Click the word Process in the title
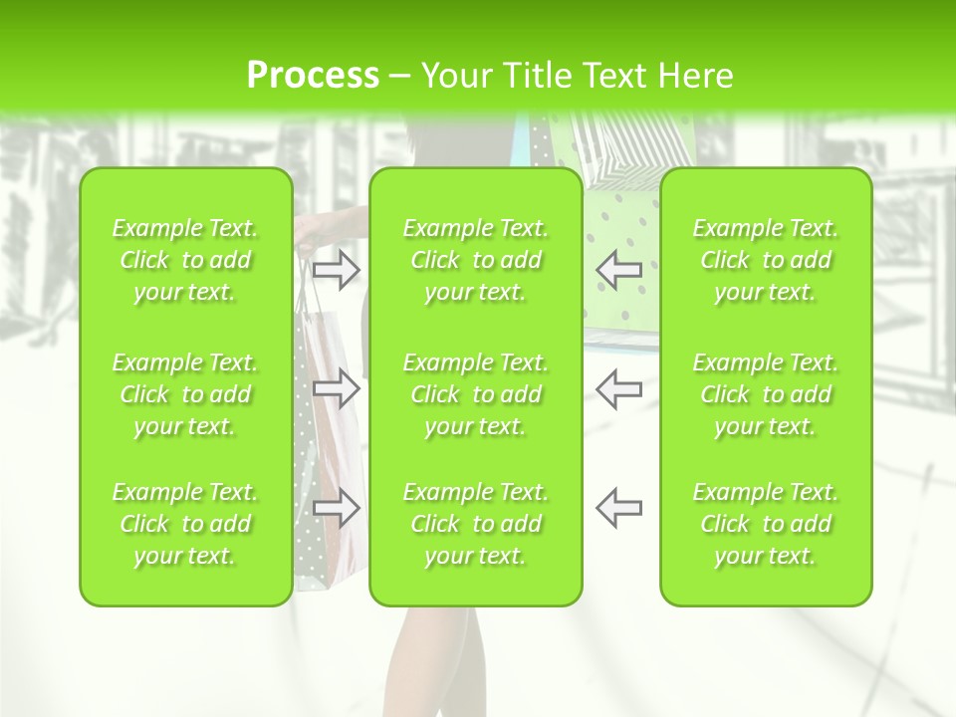click(x=313, y=76)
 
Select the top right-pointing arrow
click(x=337, y=269)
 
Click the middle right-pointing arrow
click(x=337, y=388)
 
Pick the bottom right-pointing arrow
click(x=337, y=508)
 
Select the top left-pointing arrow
click(x=618, y=269)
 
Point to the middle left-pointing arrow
click(x=618, y=388)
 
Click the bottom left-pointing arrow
click(x=618, y=508)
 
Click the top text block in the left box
click(x=185, y=260)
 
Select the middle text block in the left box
click(x=185, y=394)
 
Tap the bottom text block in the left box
click(x=185, y=524)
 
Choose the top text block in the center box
click(x=475, y=260)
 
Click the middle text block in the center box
click(x=475, y=394)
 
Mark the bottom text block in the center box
click(x=475, y=524)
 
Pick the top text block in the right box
click(x=765, y=260)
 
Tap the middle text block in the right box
click(x=765, y=394)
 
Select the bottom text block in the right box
click(x=765, y=524)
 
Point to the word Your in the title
click(x=456, y=76)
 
